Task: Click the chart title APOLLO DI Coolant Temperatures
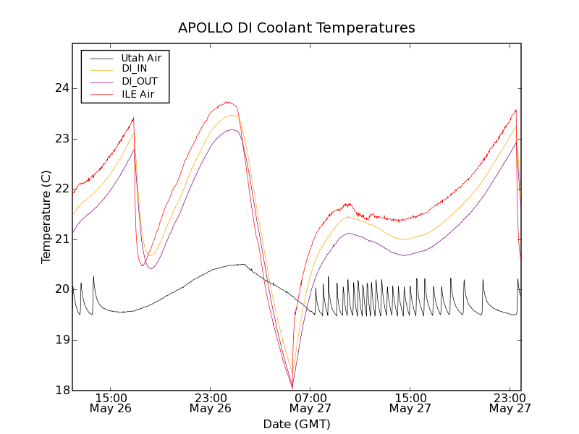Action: click(x=297, y=28)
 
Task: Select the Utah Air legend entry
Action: click(x=141, y=58)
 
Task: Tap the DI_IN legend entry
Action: click(x=134, y=69)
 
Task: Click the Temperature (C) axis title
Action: click(x=46, y=217)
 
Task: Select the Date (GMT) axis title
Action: click(x=297, y=424)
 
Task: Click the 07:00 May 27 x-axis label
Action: click(x=310, y=403)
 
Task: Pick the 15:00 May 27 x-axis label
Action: click(x=410, y=403)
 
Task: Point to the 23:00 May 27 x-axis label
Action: click(x=510, y=403)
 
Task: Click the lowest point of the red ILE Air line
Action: click(x=292, y=387)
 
